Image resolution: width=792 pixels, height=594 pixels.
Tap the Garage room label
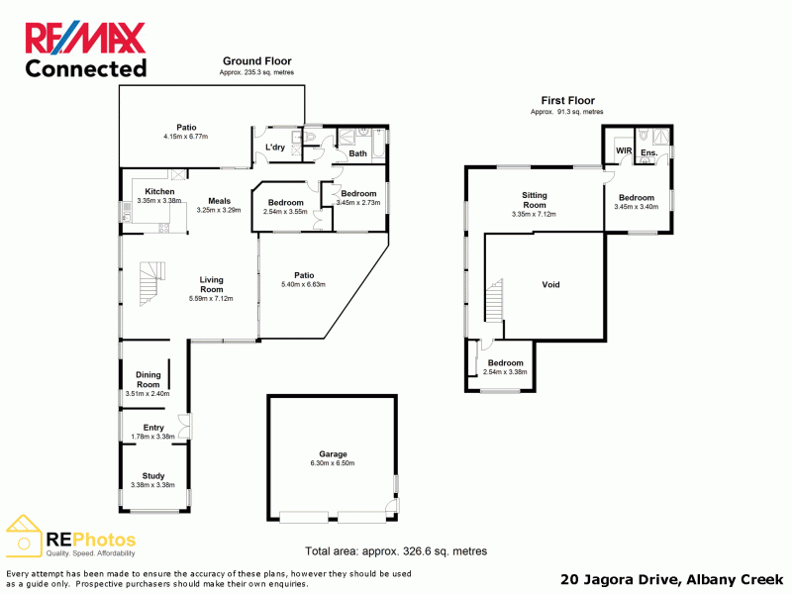[333, 454]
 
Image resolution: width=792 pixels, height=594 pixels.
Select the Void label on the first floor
[550, 284]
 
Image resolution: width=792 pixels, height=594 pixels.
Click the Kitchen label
[159, 191]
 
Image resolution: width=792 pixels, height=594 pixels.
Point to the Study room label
[153, 476]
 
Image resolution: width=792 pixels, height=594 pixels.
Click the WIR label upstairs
[624, 150]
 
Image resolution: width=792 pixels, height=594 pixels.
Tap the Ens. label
[649, 152]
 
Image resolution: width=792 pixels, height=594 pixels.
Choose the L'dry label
[275, 147]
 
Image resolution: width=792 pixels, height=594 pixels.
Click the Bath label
[357, 153]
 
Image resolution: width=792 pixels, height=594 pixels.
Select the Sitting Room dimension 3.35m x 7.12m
[534, 214]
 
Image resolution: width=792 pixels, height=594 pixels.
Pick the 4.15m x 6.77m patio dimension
[185, 137]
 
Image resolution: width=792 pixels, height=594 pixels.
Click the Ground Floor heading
[257, 61]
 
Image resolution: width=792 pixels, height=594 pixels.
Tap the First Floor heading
[567, 101]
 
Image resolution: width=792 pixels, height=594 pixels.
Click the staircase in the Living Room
[152, 283]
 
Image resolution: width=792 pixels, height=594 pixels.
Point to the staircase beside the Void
[494, 300]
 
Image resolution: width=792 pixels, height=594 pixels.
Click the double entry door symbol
[185, 427]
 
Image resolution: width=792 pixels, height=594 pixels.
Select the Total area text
[396, 551]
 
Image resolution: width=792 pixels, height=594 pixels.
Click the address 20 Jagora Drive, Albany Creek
[672, 579]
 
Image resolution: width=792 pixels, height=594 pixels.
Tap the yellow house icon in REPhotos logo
[23, 536]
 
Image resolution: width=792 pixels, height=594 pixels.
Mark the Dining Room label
[148, 379]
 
